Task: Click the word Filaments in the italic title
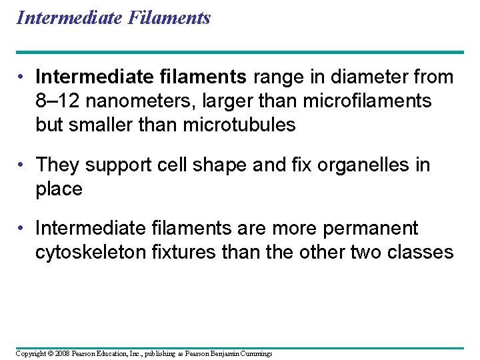[x=172, y=17]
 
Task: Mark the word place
[x=59, y=189]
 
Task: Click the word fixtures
[x=183, y=253]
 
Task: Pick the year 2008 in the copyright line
[x=59, y=353]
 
